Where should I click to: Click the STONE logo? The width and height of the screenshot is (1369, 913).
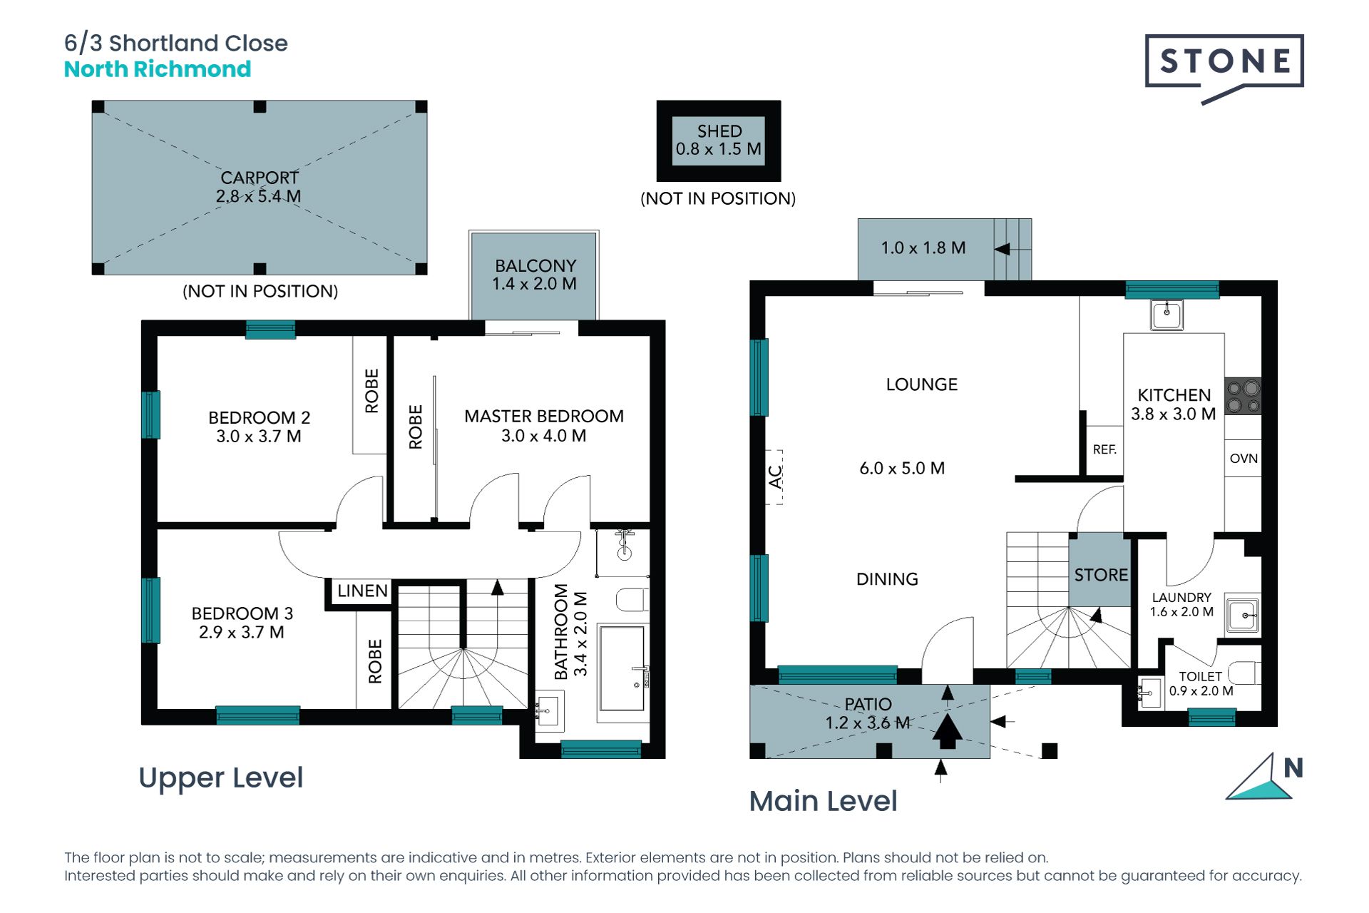point(1224,64)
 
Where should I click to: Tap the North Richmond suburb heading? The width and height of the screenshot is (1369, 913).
point(158,69)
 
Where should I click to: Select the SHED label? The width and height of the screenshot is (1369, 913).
point(719,131)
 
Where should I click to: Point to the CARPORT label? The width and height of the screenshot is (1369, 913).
point(260,178)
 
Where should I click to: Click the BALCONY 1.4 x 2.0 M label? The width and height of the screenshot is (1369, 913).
point(535,275)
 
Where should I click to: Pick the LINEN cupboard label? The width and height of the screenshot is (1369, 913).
point(362,591)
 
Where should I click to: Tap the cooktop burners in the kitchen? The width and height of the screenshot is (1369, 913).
point(1243,397)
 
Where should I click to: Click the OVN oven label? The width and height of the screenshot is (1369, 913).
point(1244,459)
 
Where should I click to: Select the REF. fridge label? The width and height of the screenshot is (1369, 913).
point(1104,449)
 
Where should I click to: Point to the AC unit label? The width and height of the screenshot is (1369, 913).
point(775,476)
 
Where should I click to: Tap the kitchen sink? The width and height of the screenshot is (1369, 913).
point(1167,314)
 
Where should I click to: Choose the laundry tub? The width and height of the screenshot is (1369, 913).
point(1243,614)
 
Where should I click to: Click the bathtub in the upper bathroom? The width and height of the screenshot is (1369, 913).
point(622,668)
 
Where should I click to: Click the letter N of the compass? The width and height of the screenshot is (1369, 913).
point(1293,768)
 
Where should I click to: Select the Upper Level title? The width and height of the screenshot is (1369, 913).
point(221,778)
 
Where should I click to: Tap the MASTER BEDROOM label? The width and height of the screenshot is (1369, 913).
point(544,416)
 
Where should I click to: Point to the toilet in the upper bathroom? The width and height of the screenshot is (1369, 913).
point(632,600)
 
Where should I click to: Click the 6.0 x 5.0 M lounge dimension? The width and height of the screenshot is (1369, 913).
point(902,468)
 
